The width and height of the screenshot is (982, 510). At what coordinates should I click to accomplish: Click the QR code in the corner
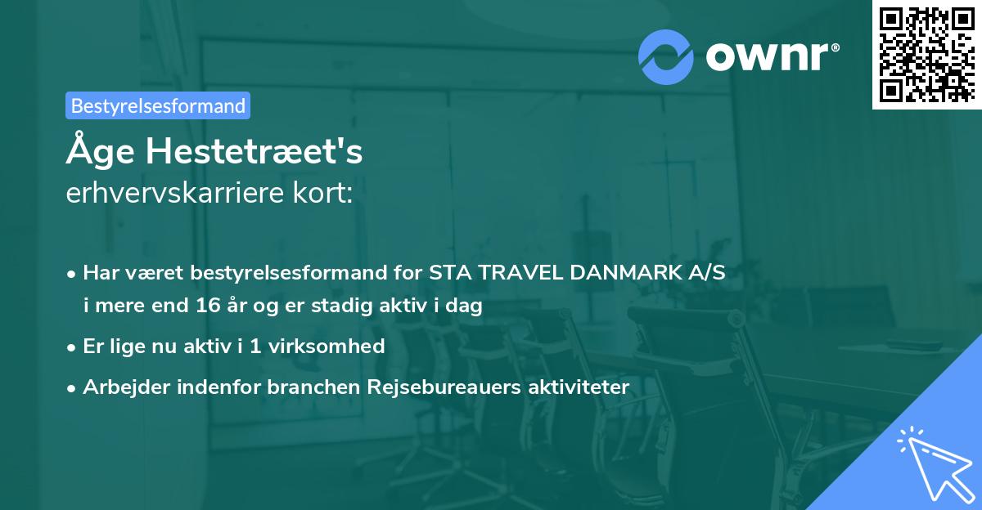(x=926, y=55)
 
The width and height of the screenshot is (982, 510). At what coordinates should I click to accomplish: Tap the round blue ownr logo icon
(x=666, y=57)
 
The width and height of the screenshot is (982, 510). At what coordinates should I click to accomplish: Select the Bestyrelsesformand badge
(x=158, y=105)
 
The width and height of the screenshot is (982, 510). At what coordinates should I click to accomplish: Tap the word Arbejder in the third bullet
(x=124, y=387)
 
